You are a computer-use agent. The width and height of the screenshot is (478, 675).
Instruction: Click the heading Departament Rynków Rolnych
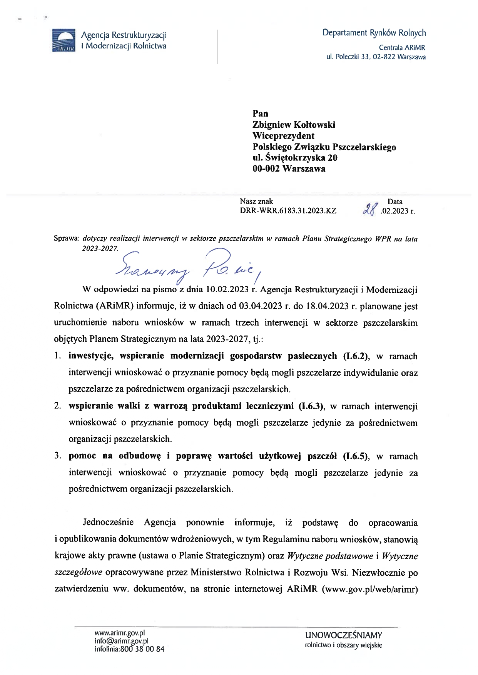point(374,33)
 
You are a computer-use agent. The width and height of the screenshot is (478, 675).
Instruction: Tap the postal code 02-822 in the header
point(384,57)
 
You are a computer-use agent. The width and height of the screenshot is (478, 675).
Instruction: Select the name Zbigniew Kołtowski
point(294,125)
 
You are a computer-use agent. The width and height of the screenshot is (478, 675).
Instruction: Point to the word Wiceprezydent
point(283,136)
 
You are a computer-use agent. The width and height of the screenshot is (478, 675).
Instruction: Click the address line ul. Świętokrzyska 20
point(295,158)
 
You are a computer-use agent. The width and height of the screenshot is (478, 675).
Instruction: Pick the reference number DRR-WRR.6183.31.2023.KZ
point(288,211)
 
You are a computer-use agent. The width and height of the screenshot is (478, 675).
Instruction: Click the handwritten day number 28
point(370,210)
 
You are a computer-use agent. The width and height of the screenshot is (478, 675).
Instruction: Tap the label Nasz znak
point(256,201)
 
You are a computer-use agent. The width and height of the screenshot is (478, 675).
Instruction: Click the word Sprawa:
point(66,238)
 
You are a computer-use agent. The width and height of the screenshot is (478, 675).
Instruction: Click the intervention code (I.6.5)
point(356,456)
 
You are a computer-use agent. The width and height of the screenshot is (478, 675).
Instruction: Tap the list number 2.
point(57,406)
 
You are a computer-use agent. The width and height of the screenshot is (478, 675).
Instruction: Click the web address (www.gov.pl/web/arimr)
point(370,589)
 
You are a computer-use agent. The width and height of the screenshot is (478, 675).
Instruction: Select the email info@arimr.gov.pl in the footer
point(121,641)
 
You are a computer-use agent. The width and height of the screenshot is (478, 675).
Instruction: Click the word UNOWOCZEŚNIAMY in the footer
point(343,635)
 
